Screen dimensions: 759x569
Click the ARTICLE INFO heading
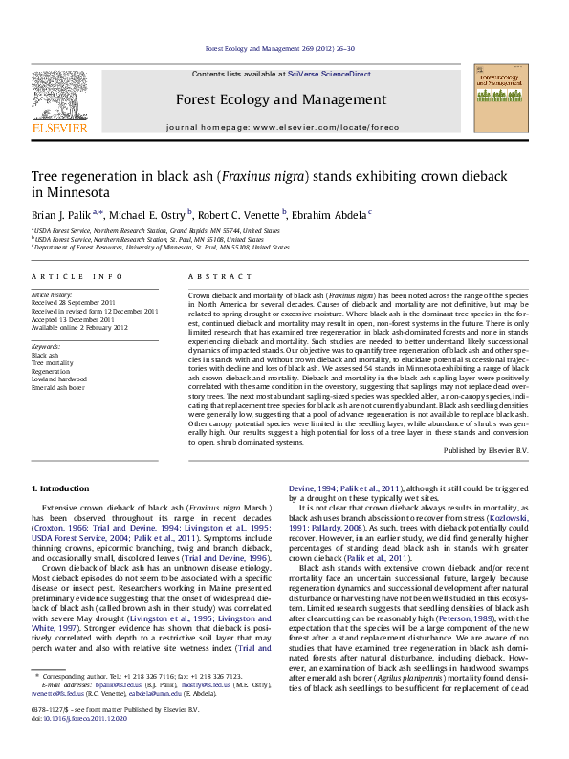pyautogui.click(x=77, y=276)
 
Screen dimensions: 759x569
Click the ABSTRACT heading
pyautogui.click(x=208, y=276)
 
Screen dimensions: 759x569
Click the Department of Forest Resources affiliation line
pyautogui.click(x=160, y=246)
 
